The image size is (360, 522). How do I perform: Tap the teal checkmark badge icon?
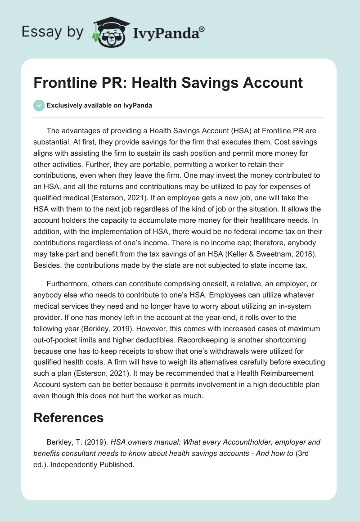coord(39,105)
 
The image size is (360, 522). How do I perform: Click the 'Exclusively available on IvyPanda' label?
coord(99,106)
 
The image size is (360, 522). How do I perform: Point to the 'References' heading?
coord(68,417)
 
